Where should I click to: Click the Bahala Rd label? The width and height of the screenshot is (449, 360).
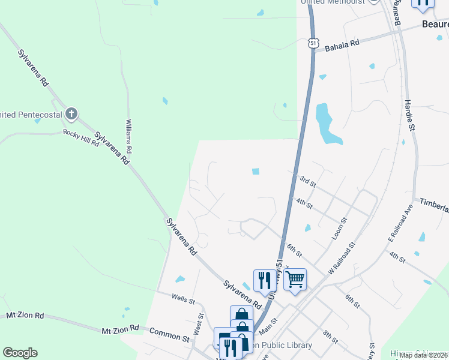click(x=342, y=44)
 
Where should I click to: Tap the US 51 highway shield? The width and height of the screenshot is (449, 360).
click(x=313, y=43)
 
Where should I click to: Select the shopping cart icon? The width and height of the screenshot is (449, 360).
click(x=295, y=279)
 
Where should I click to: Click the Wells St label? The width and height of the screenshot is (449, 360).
click(x=183, y=298)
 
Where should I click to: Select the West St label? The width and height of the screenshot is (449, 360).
click(x=198, y=326)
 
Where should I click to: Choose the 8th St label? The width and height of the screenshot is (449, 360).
click(x=330, y=337)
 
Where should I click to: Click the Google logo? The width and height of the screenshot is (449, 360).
click(x=20, y=353)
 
